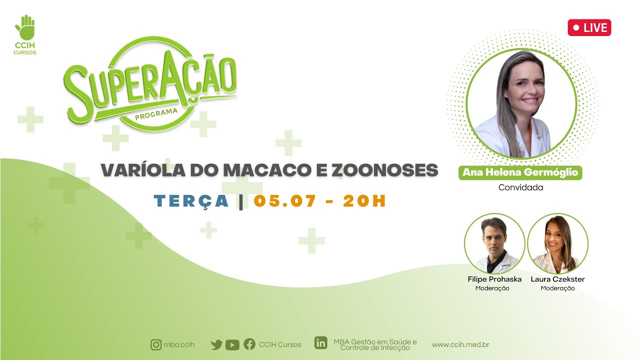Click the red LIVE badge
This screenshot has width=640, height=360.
coord(589,27)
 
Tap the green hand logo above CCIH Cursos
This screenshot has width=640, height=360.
coord(25,27)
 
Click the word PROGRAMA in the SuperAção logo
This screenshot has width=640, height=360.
coord(156,114)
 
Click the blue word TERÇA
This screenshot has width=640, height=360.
coord(191,201)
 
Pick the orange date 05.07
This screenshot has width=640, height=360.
coord(285,200)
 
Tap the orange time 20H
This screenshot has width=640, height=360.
coord(364,200)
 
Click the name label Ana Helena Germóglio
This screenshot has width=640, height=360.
coord(520,172)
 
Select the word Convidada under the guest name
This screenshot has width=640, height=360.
coord(520,187)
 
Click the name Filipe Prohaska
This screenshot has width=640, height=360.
coord(494,279)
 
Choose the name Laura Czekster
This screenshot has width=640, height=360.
coord(557,279)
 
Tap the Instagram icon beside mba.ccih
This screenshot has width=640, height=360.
coord(156,345)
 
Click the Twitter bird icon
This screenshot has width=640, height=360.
coord(216,345)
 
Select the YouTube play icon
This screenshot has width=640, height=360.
coord(232,345)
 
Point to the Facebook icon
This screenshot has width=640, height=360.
coord(249,344)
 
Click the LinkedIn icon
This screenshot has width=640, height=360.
coord(321,342)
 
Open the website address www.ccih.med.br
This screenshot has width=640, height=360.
coord(460,345)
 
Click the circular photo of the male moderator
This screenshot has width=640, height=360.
coord(494,243)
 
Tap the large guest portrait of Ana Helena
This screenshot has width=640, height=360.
coord(521,103)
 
